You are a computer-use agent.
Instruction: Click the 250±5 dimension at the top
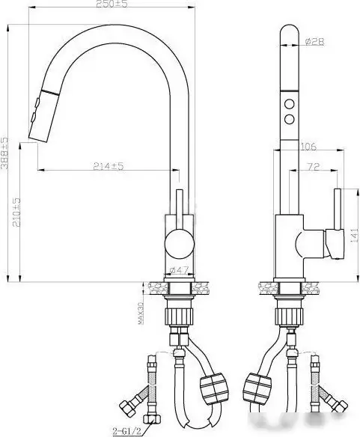tap(109, 6)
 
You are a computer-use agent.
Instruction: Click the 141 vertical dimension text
tap(353, 233)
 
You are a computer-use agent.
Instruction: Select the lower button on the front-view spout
tap(288, 118)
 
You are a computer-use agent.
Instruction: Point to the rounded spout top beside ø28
tap(289, 37)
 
